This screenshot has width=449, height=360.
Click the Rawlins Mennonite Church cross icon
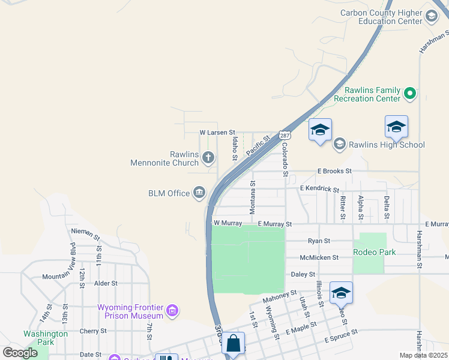pos(208,158)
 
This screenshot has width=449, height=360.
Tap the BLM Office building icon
pos(199,193)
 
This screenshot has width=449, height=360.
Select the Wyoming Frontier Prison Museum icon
pos(173,310)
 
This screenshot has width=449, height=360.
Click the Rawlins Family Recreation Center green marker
pos(410,94)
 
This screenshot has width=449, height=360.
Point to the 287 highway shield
pos(285,135)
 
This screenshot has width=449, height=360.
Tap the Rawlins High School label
pos(387,145)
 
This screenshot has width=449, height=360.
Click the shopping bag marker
pos(233,344)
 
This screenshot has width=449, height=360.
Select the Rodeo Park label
pos(374,252)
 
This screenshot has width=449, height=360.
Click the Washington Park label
pos(46,338)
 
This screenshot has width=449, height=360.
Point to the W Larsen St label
pos(217,132)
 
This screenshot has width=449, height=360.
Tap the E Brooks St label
pos(334,171)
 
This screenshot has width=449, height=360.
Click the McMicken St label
pos(319,257)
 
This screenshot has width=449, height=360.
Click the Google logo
pos(20,353)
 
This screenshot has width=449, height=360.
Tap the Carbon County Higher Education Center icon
pos(432,17)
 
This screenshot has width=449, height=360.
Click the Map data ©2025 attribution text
pos(423,355)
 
